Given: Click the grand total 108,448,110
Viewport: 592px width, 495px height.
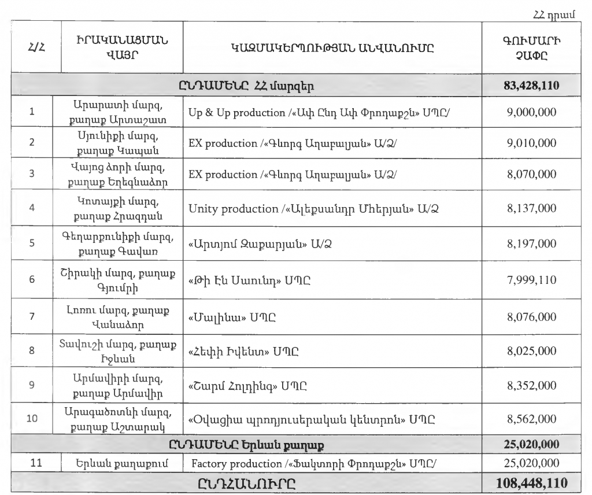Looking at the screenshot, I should [531, 482].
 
